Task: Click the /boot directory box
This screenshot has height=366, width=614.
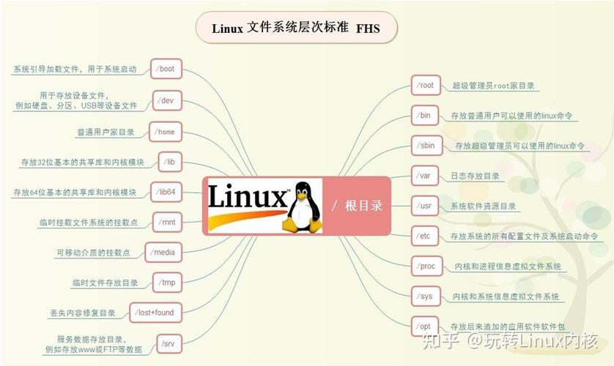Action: point(166,69)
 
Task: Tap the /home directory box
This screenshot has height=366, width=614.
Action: point(166,132)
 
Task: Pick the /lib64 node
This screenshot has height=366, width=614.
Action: point(166,192)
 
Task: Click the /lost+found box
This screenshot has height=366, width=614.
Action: point(155,313)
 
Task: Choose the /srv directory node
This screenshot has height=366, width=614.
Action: point(169,343)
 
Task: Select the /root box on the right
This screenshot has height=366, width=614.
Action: point(425,85)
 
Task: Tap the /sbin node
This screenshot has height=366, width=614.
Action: point(426,146)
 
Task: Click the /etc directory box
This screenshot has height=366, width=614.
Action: point(425,236)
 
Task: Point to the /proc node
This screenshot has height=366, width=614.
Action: point(426,266)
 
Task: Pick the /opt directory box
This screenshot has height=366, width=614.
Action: point(425,326)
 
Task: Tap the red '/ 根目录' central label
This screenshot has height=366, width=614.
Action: point(358,206)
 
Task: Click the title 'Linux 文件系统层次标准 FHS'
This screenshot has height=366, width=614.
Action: point(296,29)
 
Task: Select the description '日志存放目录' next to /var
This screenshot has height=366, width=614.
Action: point(475,176)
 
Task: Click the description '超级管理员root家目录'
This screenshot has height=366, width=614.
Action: point(493,86)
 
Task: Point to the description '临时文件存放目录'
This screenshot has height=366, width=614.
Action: point(106,283)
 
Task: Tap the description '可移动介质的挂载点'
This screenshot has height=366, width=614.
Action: point(93,253)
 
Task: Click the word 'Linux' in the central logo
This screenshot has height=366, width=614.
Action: point(246,198)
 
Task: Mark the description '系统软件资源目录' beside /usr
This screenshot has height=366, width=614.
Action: point(483,206)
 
